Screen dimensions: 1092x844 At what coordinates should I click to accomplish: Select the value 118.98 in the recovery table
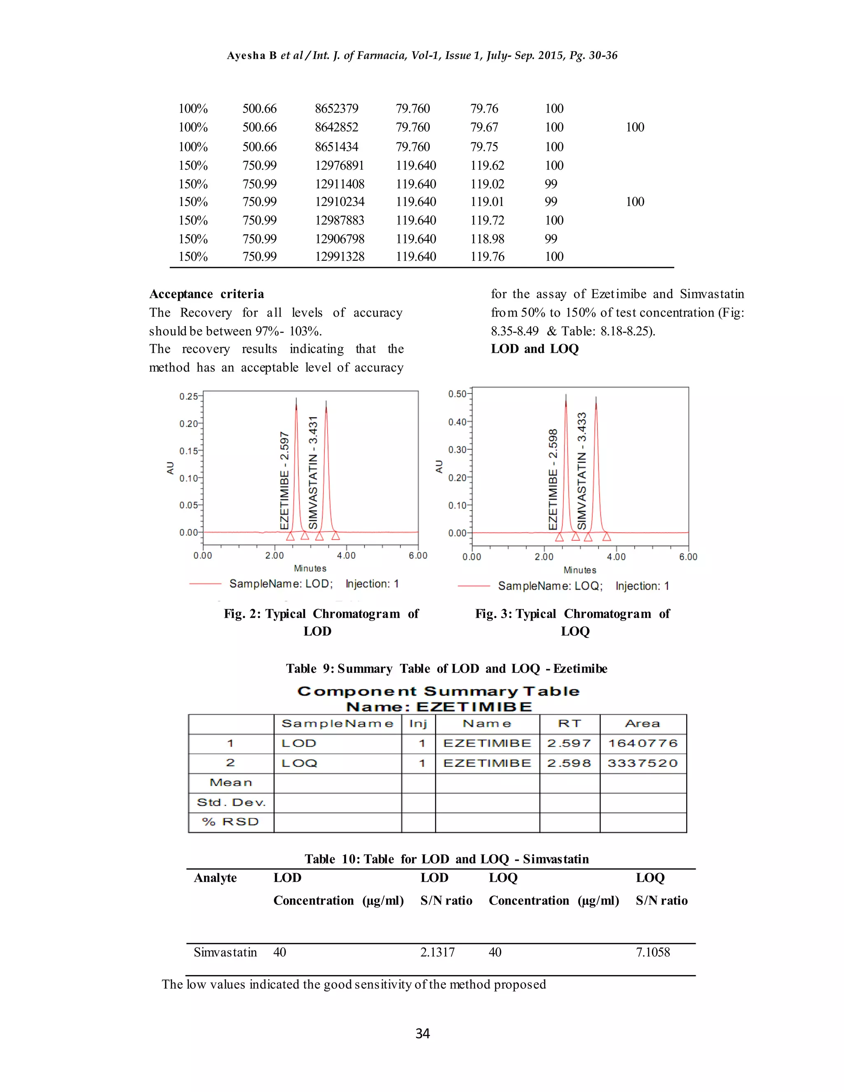click(487, 239)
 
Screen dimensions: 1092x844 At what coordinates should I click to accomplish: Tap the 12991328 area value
click(340, 257)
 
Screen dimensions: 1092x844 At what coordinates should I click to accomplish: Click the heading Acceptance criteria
click(206, 294)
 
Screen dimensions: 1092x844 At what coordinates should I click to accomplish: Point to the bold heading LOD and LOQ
click(535, 349)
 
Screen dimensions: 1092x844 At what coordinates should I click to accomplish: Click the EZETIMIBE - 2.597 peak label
click(284, 480)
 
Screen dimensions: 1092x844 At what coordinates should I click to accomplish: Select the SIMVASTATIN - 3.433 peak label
click(581, 471)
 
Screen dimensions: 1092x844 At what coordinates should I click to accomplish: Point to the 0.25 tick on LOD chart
click(188, 396)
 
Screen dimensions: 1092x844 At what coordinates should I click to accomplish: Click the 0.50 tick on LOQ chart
click(457, 394)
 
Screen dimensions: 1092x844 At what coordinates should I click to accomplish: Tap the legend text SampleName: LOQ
click(550, 586)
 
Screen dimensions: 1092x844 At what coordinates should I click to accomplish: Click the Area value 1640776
click(642, 743)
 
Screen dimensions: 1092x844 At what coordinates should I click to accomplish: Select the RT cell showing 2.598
click(569, 764)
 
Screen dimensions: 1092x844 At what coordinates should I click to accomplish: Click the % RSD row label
click(230, 822)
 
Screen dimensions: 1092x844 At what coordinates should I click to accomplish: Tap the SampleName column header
click(338, 724)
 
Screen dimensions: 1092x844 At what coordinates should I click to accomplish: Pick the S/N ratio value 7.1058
click(652, 952)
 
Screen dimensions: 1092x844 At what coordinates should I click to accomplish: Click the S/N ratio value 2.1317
click(438, 952)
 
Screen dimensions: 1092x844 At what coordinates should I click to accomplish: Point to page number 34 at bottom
click(422, 1033)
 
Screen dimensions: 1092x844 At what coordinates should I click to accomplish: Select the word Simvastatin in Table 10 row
click(225, 952)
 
